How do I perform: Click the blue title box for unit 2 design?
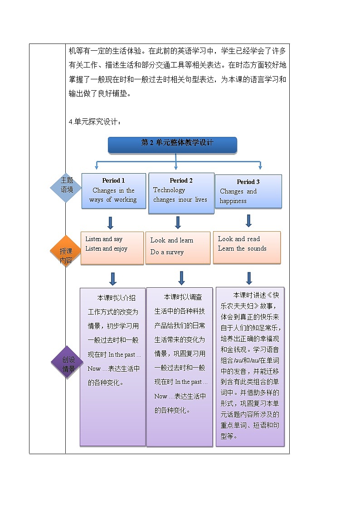tap(172, 144)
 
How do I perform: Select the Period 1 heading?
tap(113, 180)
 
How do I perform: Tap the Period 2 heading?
tap(181, 180)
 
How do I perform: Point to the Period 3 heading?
tap(248, 182)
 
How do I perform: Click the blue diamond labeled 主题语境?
tap(67, 185)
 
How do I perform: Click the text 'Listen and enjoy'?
tap(106, 249)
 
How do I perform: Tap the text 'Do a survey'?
tap(167, 252)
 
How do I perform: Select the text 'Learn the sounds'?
tap(242, 248)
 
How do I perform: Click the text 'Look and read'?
tap(239, 239)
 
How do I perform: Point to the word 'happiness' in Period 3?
tap(233, 201)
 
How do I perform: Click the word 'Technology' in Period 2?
tap(169, 190)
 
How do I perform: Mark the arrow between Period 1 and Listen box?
tap(110, 223)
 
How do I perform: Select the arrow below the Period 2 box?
tap(178, 222)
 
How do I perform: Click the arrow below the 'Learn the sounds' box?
tap(248, 278)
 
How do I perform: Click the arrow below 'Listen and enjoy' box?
tap(113, 278)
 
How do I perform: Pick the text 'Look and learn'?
tap(172, 240)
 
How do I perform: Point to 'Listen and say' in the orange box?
tap(104, 239)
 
